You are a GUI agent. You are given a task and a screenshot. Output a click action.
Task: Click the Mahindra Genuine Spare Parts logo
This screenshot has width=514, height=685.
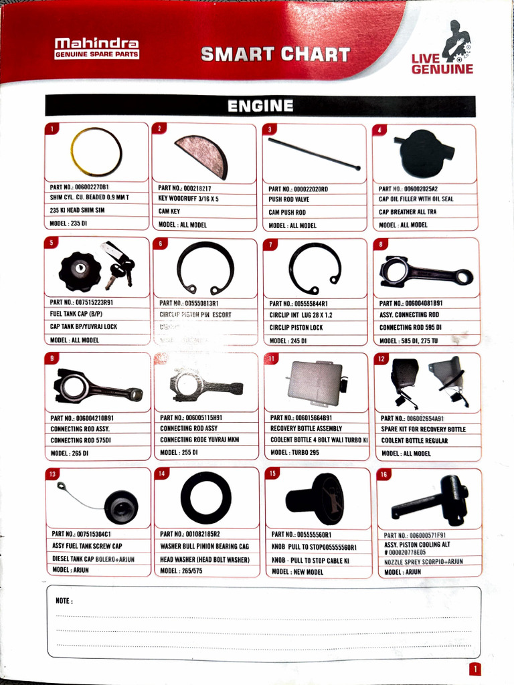click(97, 48)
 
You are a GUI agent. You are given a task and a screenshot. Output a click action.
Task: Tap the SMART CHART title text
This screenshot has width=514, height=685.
click(275, 54)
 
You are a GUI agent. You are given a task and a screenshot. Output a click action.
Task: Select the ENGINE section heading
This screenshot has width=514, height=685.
click(260, 106)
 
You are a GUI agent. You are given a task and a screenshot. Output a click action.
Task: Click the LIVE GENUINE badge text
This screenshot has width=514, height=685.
click(442, 64)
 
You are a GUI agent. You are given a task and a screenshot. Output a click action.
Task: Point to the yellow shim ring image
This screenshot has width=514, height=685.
click(96, 151)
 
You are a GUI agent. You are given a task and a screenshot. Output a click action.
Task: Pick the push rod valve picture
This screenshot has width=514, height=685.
click(314, 153)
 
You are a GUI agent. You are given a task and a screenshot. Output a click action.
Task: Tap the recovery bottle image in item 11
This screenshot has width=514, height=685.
click(315, 383)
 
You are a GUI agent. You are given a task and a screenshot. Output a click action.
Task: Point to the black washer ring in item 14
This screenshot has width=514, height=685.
click(205, 497)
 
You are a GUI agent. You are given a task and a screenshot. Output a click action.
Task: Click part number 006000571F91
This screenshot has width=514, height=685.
click(424, 535)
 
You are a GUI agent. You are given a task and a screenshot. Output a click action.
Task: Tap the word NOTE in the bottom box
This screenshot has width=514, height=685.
click(64, 601)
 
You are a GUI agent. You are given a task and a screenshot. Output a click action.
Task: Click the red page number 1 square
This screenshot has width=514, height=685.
click(475, 669)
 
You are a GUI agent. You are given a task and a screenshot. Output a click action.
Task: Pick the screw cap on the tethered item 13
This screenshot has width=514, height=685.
click(121, 507)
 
